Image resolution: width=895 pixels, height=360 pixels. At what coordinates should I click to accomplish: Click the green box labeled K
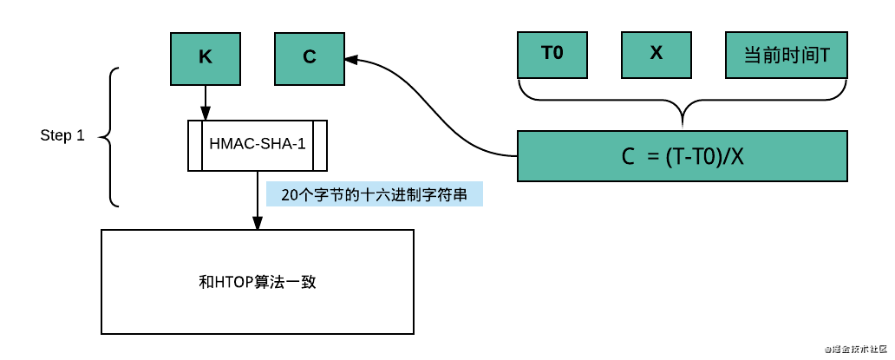tap(206, 58)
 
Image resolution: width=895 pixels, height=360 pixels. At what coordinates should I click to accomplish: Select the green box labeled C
tap(310, 58)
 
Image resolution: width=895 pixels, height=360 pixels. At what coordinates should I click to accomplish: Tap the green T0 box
tap(552, 54)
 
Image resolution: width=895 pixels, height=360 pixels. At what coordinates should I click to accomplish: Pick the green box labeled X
tap(657, 54)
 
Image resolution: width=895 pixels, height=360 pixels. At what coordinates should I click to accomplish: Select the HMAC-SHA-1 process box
tap(258, 145)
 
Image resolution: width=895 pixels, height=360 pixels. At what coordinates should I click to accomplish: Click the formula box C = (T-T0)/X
tap(683, 156)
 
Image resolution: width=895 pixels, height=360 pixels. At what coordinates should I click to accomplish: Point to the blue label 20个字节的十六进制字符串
tap(375, 195)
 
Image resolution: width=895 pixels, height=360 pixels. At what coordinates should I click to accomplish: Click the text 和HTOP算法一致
tap(258, 282)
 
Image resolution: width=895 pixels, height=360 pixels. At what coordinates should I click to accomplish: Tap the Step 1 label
tap(62, 136)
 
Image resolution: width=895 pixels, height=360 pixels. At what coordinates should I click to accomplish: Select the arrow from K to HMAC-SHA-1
tap(206, 102)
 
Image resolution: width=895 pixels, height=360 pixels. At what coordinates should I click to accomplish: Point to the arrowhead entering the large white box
tap(258, 223)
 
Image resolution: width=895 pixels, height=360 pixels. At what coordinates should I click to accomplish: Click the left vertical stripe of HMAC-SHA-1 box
tap(195, 145)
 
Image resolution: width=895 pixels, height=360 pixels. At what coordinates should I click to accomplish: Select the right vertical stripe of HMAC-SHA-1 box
tap(321, 145)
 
